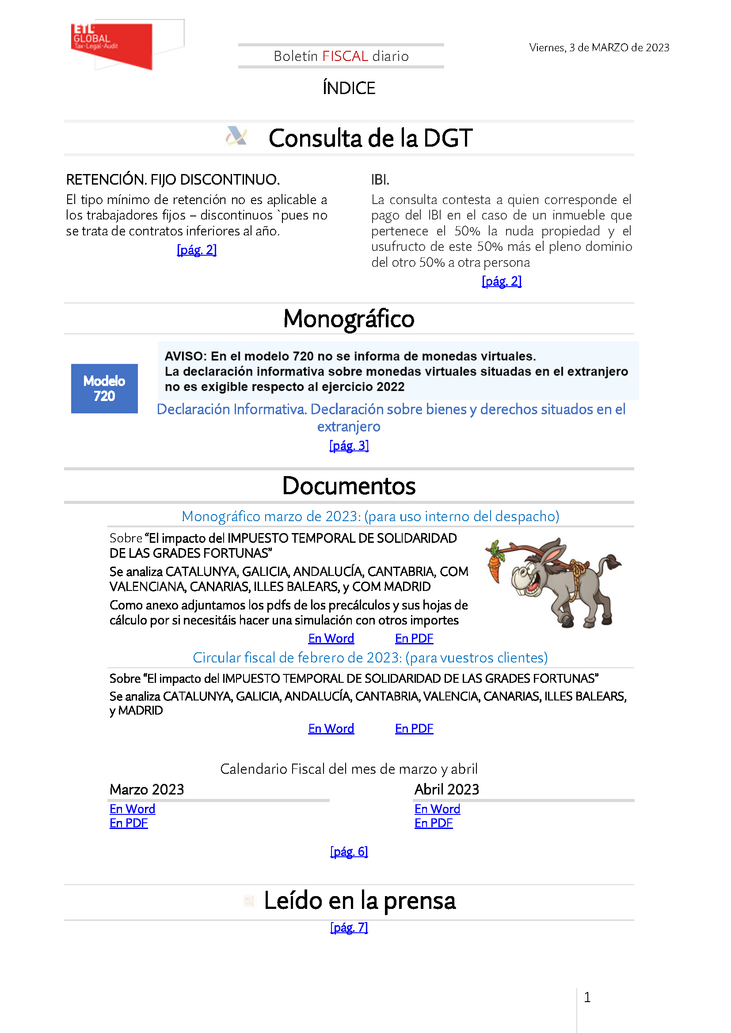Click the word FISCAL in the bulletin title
click(345, 56)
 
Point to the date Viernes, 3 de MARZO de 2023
click(599, 48)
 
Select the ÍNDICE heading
click(349, 88)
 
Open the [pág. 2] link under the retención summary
click(197, 250)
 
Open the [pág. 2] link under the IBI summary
click(502, 282)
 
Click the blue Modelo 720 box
click(104, 388)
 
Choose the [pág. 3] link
click(349, 446)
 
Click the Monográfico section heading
click(349, 319)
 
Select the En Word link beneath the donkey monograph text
click(331, 639)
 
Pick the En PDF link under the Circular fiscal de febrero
click(414, 728)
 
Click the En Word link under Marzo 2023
click(132, 809)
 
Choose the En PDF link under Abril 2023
click(434, 823)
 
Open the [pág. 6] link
click(349, 851)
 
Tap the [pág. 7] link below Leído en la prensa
click(349, 928)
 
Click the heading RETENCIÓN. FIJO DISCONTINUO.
click(173, 180)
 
